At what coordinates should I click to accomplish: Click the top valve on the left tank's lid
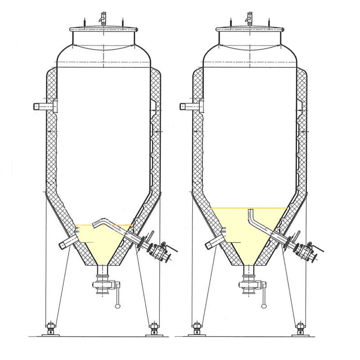[x=103, y=18]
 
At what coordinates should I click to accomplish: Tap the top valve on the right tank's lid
[x=248, y=18]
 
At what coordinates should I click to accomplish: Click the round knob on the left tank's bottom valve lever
[x=118, y=306]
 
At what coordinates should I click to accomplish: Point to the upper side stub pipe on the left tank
[x=41, y=107]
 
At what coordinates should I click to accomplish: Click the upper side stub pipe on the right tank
[x=187, y=107]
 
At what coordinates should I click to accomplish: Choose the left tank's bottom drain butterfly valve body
[x=103, y=286]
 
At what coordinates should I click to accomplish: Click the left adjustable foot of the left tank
[x=50, y=328]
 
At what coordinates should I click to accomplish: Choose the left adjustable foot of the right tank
[x=196, y=328]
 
